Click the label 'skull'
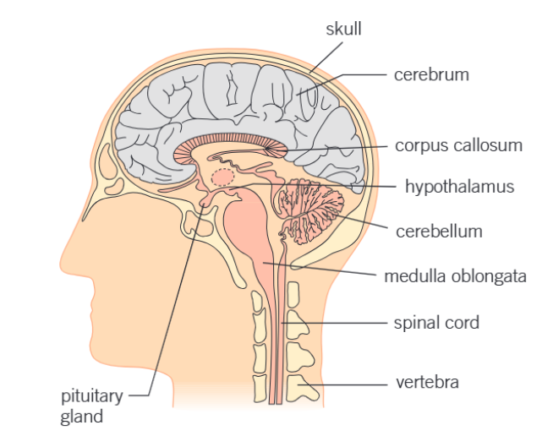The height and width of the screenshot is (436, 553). coord(344,29)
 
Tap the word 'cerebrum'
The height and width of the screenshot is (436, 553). coord(430,75)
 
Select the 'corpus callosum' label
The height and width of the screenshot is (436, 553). coord(458,145)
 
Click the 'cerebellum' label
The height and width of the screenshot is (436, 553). coord(439,231)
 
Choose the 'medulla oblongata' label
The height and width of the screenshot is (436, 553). coord(455,276)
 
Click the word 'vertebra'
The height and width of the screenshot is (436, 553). coord(427,383)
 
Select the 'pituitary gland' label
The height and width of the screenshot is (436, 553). coord(91,406)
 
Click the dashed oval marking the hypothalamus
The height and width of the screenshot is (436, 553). coord(222,177)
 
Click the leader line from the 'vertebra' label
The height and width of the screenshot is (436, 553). coord(347,384)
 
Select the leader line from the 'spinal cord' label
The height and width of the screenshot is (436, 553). coord(338,323)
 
